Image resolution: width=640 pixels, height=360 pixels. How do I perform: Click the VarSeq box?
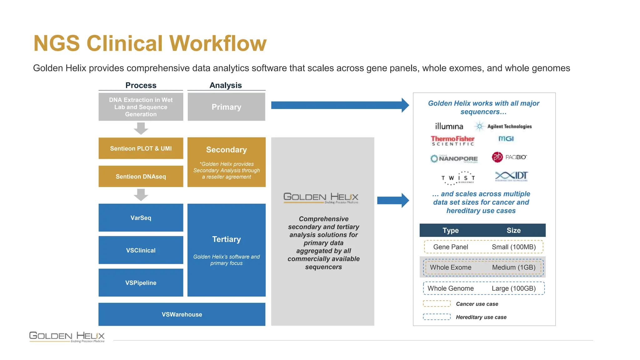point(141,218)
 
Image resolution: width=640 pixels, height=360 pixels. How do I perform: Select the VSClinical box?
point(141,250)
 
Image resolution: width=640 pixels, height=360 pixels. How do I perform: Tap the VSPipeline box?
point(141,282)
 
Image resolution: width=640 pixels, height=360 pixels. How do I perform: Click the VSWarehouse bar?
point(182,314)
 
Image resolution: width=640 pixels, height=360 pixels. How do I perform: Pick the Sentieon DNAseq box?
point(141,176)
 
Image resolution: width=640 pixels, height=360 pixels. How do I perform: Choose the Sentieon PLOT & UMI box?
point(141,148)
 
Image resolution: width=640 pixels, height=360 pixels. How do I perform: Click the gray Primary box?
point(226,107)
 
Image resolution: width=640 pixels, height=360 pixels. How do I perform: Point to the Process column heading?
point(141,85)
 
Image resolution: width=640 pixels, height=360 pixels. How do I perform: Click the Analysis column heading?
point(226,85)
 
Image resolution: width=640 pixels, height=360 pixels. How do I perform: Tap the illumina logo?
point(449,126)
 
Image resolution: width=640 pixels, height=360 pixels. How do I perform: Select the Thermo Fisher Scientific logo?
point(452,141)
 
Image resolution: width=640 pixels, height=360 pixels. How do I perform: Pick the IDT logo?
point(512,176)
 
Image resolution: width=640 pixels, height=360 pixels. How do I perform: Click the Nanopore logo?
point(454,159)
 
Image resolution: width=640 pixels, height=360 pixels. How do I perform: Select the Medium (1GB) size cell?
point(513,267)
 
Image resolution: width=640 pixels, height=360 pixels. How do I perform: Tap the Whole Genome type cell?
point(450,288)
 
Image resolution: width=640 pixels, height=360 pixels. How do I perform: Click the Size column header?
point(513,230)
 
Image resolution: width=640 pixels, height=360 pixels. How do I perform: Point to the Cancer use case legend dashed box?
point(437,303)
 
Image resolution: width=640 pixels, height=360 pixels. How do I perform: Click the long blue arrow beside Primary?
point(339,105)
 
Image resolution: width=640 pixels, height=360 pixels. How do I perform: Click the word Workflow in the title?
point(218,43)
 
